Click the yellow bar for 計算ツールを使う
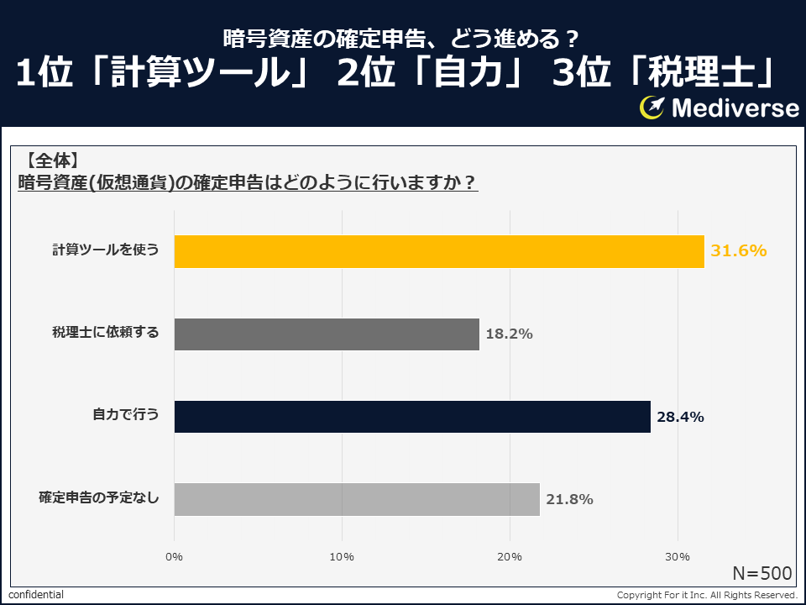[439, 251]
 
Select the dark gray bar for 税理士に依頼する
[327, 334]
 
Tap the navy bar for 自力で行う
[412, 416]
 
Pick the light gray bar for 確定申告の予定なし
[357, 499]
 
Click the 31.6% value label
[739, 250]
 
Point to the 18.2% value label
[509, 334]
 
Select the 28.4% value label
[680, 416]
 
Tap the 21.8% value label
[569, 499]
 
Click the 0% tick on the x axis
[174, 557]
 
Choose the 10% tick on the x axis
[342, 557]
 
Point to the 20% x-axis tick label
[510, 557]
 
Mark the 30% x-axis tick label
[678, 557]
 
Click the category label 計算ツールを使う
[105, 250]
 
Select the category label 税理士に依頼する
[105, 334]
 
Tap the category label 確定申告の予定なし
[98, 499]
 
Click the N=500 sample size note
[762, 573]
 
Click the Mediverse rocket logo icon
[652, 107]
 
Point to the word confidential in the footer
[36, 595]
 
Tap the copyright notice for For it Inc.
[707, 595]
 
